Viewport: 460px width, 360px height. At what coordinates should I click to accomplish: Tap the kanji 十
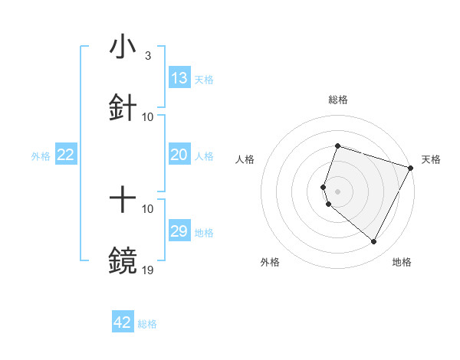pos(123,201)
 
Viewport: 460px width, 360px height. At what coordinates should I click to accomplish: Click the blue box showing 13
pos(179,79)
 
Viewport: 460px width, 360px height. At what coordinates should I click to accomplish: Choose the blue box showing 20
pos(179,155)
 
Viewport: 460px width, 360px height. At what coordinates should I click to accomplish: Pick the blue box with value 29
pos(179,231)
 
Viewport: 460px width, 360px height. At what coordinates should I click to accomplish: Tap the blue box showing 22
pos(66,155)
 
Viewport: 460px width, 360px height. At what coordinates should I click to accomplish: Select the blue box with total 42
pos(123,322)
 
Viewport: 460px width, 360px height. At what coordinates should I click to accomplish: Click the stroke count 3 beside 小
pos(147,57)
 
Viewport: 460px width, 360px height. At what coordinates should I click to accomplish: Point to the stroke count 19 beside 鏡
pos(148,270)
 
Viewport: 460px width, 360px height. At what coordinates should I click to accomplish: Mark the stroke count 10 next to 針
pos(148,116)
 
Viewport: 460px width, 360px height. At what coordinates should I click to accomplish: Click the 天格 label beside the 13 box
pos(204,80)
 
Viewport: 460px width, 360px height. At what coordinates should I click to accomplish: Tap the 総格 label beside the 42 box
pos(147,323)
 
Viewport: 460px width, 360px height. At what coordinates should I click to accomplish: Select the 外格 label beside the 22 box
pos(41,155)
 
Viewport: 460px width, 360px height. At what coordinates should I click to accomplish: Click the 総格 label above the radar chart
pos(337,100)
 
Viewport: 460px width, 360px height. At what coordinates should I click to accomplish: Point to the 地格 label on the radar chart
pos(402,263)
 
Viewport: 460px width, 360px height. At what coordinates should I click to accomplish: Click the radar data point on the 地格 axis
pos(373,242)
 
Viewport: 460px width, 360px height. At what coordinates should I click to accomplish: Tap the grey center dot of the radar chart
pos(337,191)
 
